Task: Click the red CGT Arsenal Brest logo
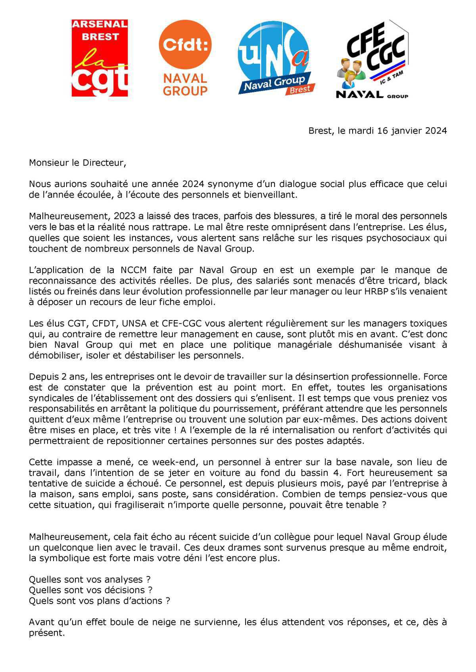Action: [x=100, y=58]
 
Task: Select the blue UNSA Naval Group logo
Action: [x=275, y=58]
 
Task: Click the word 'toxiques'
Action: [x=430, y=324]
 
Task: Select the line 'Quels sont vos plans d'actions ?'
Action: [x=100, y=601]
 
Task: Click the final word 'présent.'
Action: [x=46, y=633]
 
